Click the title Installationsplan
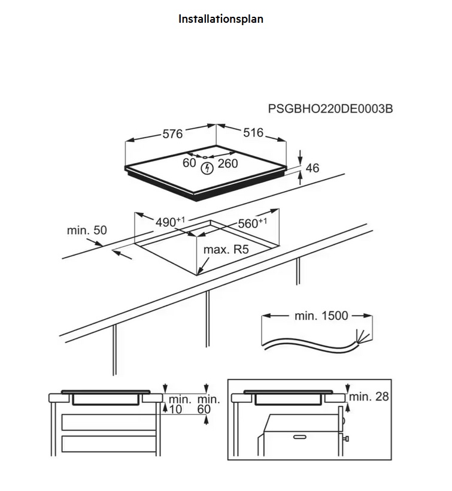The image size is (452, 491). tap(221, 19)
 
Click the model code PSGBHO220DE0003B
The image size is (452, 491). tap(330, 108)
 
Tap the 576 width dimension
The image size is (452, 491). tap(172, 134)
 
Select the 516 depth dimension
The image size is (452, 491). tap(254, 133)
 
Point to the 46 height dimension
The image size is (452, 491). tap(312, 168)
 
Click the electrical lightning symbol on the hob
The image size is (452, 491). tap(207, 168)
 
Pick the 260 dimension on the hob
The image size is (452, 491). tap(227, 163)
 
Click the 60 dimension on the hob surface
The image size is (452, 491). tap(189, 163)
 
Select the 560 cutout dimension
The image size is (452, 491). tap(252, 223)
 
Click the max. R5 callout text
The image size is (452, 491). tap(226, 250)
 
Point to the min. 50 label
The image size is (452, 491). tap(87, 230)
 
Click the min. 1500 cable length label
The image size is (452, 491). tap(321, 316)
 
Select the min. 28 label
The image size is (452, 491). tap(369, 397)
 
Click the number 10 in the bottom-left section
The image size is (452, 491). tap(175, 410)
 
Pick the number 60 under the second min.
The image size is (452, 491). tap(204, 410)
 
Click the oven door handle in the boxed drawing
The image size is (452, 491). tap(302, 437)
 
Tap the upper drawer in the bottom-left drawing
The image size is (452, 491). tap(108, 422)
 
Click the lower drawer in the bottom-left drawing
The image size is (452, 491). tap(108, 444)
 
